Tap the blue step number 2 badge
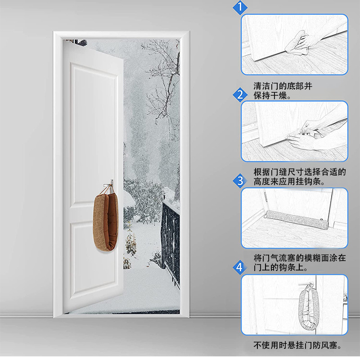pyautogui.click(x=240, y=94)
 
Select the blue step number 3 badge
pyautogui.click(x=240, y=181)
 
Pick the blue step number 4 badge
pyautogui.click(x=240, y=267)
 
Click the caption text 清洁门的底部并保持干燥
pyautogui.click(x=283, y=90)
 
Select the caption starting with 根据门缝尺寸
pyautogui.click(x=299, y=177)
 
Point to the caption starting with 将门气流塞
pyautogui.click(x=299, y=262)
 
